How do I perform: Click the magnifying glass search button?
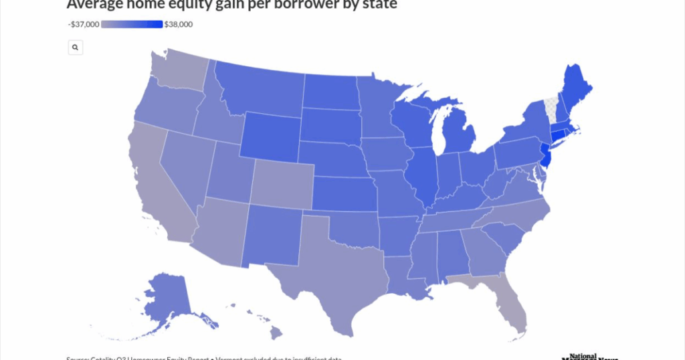[76, 48]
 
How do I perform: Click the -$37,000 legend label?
[84, 25]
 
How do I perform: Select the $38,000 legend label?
[178, 25]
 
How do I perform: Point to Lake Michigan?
[439, 130]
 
